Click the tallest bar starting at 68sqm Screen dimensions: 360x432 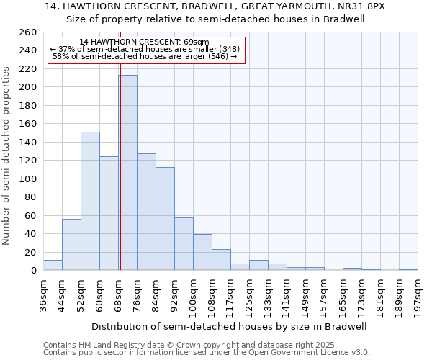127,173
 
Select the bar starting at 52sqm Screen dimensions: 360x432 90,201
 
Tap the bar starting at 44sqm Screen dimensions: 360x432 71,245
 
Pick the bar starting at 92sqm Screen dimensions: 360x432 184,244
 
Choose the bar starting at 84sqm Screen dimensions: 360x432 165,219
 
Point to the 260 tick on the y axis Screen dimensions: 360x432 27,32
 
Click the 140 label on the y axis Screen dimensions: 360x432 27,143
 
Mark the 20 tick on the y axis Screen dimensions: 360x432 30,253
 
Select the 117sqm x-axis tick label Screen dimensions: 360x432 231,295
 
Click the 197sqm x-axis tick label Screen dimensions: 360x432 418,295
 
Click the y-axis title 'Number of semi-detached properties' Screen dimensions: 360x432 7,156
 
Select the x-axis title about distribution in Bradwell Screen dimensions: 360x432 230,326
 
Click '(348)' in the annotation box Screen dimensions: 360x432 227,49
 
